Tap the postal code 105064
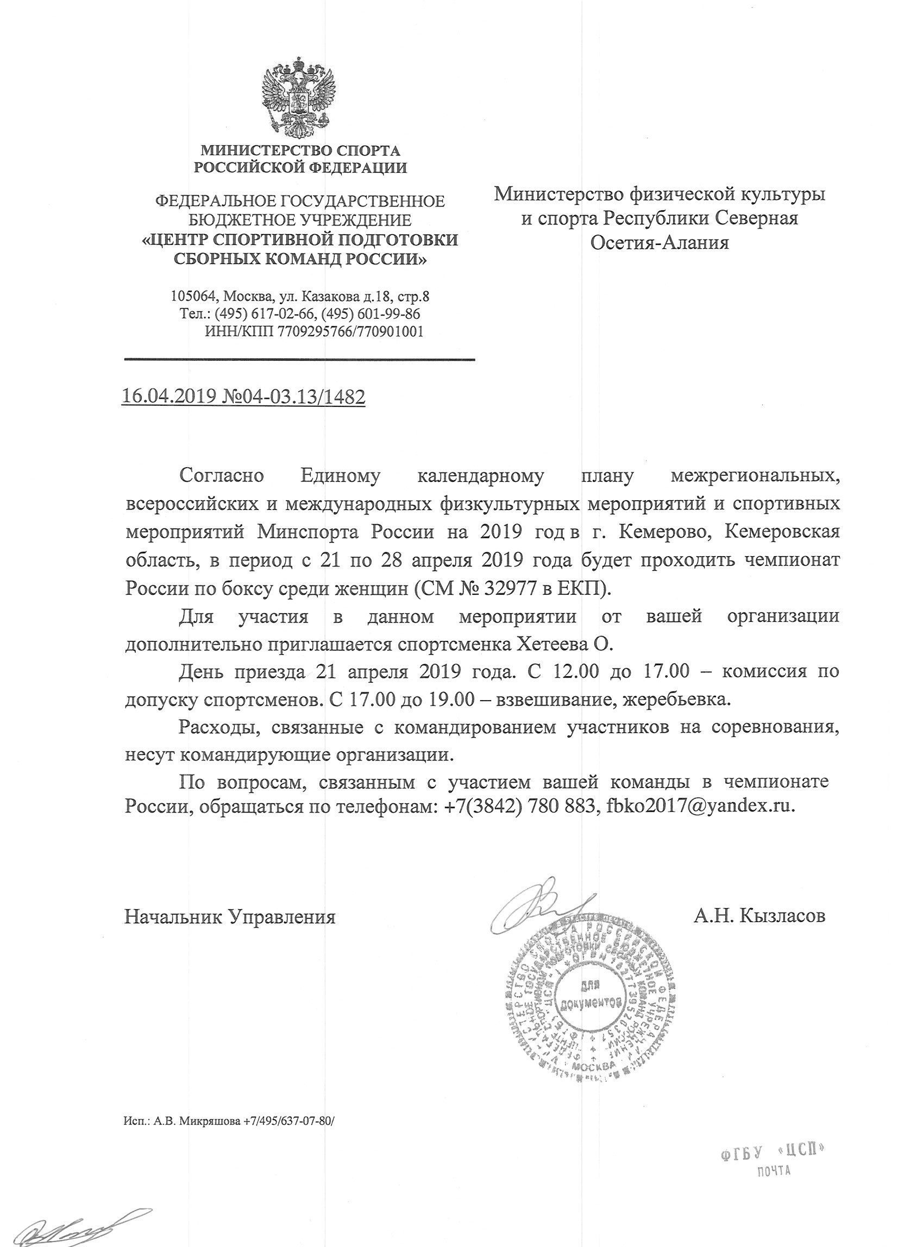click(194, 297)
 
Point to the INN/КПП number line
click(313, 331)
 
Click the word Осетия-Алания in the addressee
click(660, 242)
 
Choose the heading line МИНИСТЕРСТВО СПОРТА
click(300, 150)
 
